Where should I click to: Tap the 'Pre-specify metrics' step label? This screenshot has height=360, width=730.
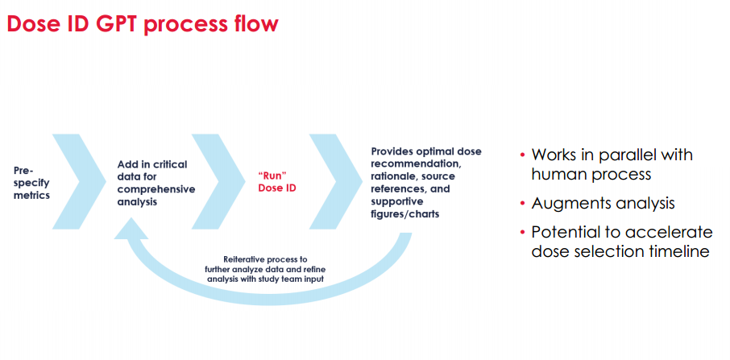click(x=31, y=183)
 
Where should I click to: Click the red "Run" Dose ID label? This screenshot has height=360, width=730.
click(x=277, y=183)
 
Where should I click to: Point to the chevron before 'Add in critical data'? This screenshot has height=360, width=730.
click(x=79, y=181)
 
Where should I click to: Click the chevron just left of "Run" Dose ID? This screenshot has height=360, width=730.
click(x=218, y=181)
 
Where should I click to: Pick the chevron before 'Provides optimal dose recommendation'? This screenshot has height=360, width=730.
click(x=336, y=181)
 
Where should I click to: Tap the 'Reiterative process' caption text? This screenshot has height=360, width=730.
click(x=265, y=269)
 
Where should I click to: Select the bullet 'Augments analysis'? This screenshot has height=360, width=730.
click(x=603, y=203)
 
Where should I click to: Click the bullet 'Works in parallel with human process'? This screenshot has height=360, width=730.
click(x=612, y=164)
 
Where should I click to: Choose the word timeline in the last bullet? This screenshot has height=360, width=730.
click(x=678, y=251)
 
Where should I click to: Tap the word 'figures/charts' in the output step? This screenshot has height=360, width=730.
click(x=405, y=214)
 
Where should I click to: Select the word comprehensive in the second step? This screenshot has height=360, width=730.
click(x=156, y=189)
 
